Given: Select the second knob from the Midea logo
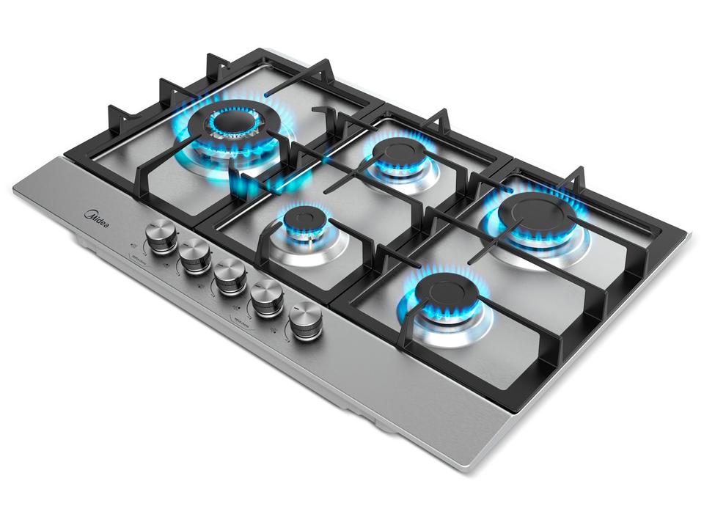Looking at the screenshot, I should [x=194, y=254].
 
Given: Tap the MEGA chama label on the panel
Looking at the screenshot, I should [x=243, y=320].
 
